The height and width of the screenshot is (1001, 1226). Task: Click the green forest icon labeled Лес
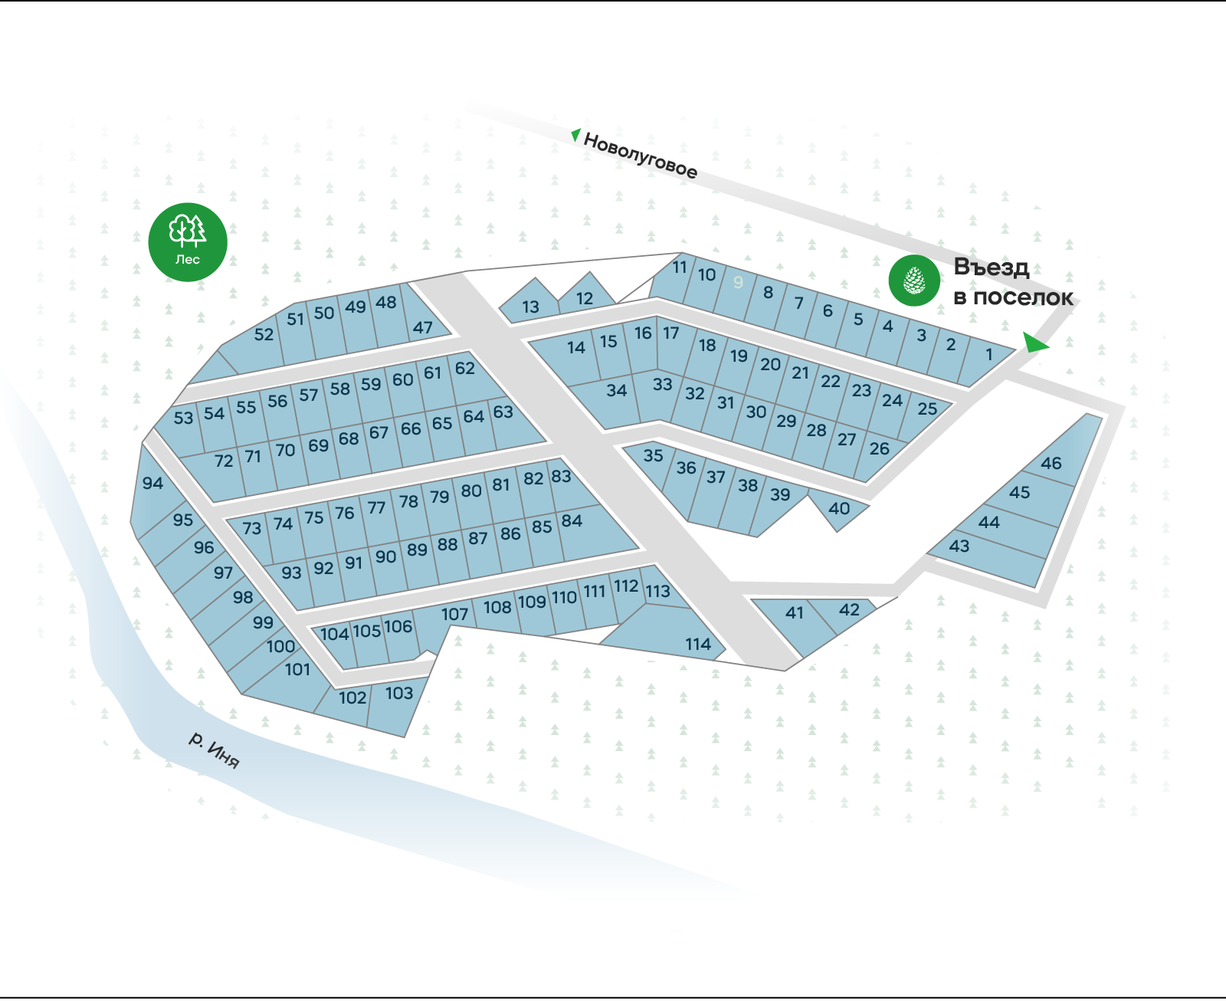[188, 241]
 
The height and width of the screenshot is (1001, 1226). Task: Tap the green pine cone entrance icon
[914, 281]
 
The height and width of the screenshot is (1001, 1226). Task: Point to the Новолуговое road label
[641, 155]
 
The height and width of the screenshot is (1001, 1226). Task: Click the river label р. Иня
[215, 750]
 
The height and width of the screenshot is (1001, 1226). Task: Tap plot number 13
[530, 307]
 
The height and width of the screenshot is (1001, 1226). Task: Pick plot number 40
[839, 509]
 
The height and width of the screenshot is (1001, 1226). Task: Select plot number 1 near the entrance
[988, 355]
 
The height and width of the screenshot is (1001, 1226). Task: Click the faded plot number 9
[738, 283]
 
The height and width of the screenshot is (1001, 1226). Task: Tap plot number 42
[849, 610]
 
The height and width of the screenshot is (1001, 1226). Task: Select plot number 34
[616, 391]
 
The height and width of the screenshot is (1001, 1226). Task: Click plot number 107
[454, 615]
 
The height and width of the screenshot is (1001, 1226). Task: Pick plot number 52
[263, 335]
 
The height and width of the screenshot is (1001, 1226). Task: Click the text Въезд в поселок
[1011, 282]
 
